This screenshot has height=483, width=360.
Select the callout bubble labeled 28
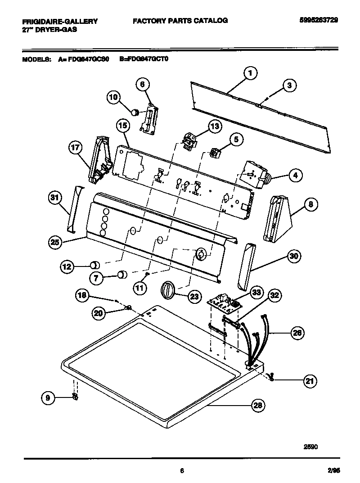(257, 406)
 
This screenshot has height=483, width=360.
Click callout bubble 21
(309, 381)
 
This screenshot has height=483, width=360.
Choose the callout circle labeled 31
(55, 199)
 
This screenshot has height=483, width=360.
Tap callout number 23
(193, 296)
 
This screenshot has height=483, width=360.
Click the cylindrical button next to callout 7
(121, 275)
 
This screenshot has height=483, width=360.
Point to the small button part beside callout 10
(134, 110)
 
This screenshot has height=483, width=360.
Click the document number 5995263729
(318, 20)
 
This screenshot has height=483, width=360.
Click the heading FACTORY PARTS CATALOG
(180, 20)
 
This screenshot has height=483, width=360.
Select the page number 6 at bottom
(181, 471)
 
